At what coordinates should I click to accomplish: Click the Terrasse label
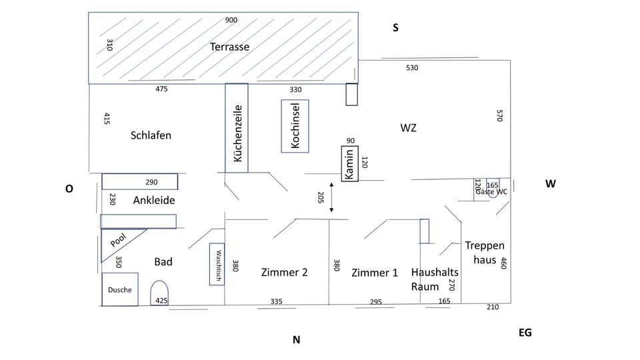pyautogui.click(x=229, y=47)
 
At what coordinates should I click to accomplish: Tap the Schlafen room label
pyautogui.click(x=151, y=135)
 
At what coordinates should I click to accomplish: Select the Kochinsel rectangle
pyautogui.click(x=295, y=126)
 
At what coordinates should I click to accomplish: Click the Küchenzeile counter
pyautogui.click(x=237, y=128)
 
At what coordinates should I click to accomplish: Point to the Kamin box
pyautogui.click(x=350, y=163)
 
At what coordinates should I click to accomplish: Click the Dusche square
pyautogui.click(x=120, y=289)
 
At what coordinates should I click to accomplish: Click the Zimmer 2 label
pyautogui.click(x=285, y=272)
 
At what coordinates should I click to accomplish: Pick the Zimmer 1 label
pyautogui.click(x=375, y=273)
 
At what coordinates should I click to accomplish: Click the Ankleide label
pyautogui.click(x=154, y=200)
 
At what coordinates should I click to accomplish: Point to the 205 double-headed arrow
pyautogui.click(x=331, y=197)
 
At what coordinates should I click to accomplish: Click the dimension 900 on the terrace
pyautogui.click(x=231, y=20)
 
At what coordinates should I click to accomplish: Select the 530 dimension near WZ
pyautogui.click(x=412, y=68)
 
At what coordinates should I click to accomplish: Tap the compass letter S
pyautogui.click(x=395, y=28)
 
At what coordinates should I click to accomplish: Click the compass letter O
pyautogui.click(x=69, y=189)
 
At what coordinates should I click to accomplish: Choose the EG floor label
pyautogui.click(x=525, y=332)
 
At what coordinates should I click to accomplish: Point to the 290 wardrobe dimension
pyautogui.click(x=151, y=182)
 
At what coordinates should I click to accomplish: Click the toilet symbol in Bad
pyautogui.click(x=159, y=293)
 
